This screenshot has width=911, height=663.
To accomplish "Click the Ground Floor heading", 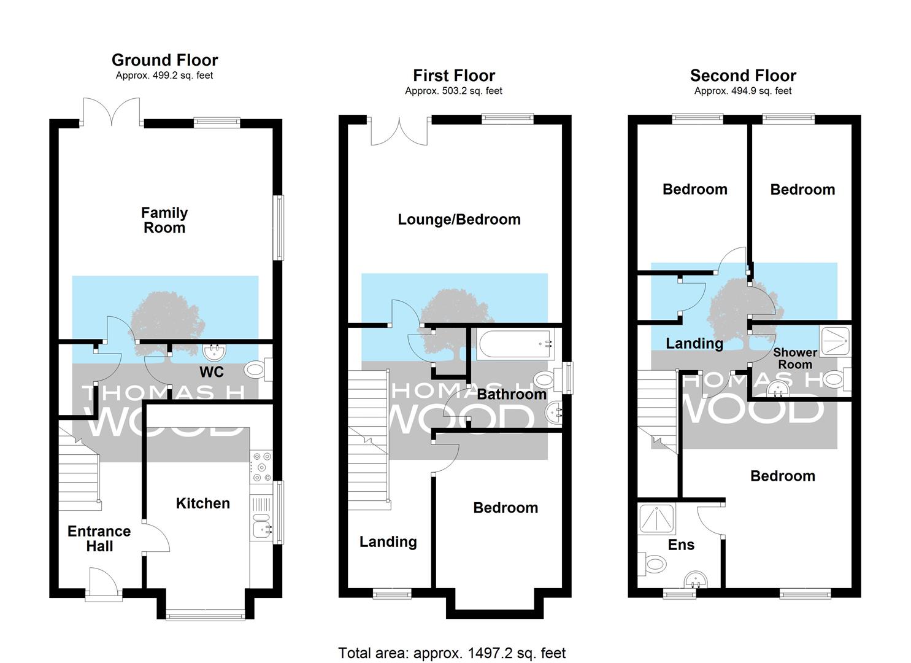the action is click(164, 60).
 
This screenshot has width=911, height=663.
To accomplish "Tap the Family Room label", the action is click(164, 220).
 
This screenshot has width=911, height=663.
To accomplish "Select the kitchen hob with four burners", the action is click(261, 467).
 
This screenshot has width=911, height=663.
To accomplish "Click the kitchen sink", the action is click(262, 529).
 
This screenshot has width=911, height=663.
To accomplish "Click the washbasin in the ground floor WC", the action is click(214, 353).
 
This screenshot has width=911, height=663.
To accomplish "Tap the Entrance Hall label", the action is click(99, 538).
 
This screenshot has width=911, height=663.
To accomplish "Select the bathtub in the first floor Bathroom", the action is click(515, 344).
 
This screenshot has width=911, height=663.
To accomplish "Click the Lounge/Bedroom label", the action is click(459, 220).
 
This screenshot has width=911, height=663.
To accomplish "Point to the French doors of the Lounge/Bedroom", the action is click(399, 131).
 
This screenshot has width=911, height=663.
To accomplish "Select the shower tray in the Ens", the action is click(657, 519).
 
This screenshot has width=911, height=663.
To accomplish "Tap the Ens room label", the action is click(681, 545).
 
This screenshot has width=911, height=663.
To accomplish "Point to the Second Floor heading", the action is click(743, 76).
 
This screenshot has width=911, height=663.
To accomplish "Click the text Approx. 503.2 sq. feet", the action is click(453, 91).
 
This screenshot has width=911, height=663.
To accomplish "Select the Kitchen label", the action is click(203, 503).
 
